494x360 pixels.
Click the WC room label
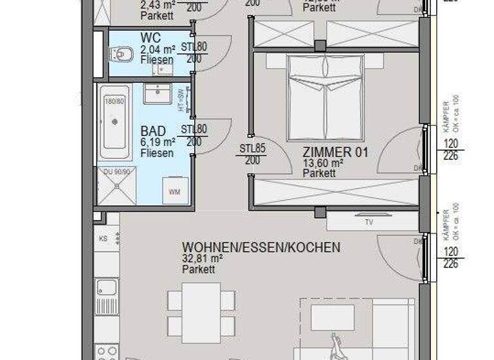150,37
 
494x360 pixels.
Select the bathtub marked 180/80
114,123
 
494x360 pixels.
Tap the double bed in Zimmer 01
325,97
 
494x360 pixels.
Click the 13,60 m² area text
323,163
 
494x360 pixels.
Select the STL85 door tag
252,148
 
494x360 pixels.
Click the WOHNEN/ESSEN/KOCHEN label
261,248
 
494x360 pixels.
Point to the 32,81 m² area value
203,259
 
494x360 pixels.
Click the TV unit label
369,222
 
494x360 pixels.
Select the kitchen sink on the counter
106,287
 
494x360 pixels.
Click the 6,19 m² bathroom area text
158,142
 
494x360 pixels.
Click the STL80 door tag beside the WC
192,47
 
